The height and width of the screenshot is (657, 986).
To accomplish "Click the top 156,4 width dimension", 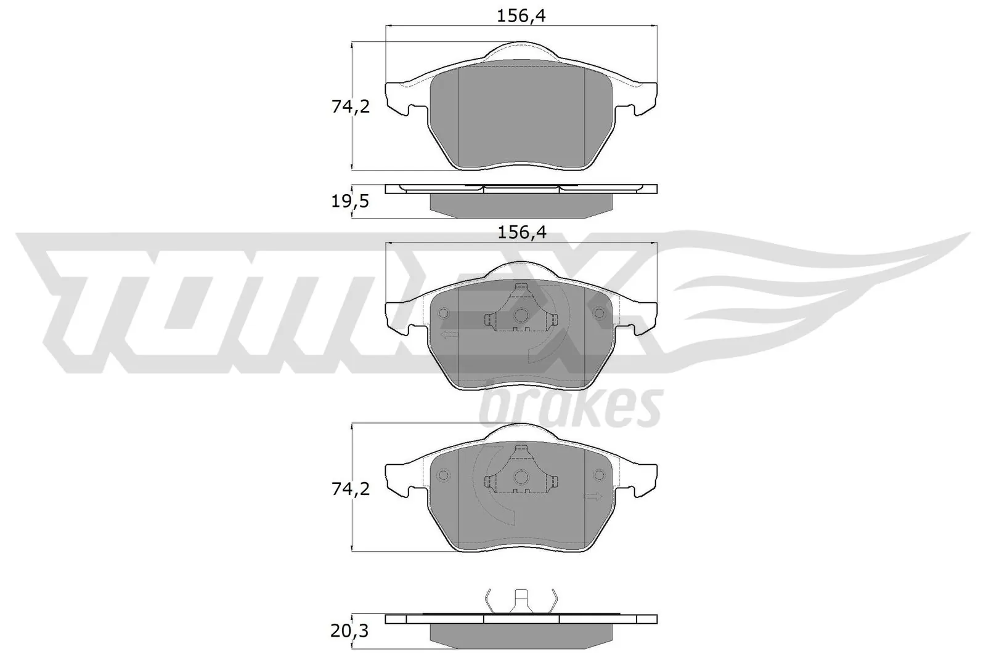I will tap(521, 16).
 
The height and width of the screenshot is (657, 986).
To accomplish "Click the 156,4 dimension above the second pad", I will tap(521, 233).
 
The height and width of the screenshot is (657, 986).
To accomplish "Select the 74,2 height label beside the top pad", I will tap(350, 107).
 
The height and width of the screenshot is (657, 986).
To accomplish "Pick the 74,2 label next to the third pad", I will tap(350, 489).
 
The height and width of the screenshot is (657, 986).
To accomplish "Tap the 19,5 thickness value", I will tap(350, 201).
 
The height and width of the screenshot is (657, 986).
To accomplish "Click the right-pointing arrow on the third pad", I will tap(593, 497).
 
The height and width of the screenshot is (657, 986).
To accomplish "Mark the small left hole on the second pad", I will tap(442, 314).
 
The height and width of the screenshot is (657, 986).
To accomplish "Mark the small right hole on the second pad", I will tap(598, 314).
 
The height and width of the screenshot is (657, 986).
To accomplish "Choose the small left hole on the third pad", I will tap(442, 475).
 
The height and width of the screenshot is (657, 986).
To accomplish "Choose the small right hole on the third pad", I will tap(598, 475).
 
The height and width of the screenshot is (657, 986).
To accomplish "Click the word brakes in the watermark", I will tap(570, 408).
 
